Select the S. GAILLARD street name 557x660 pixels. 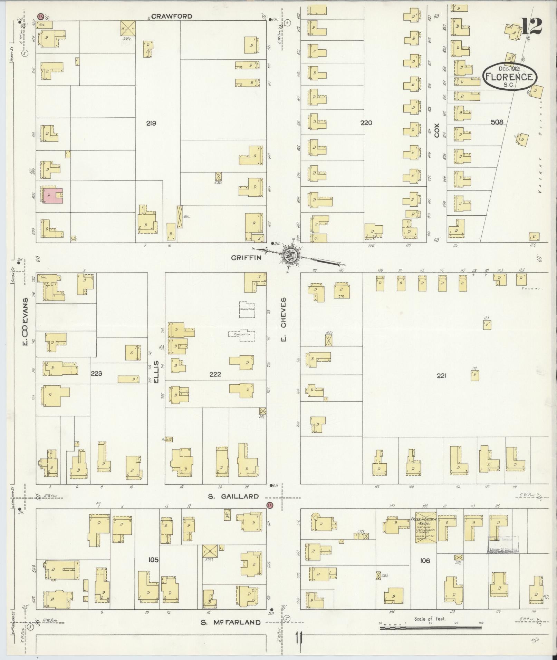[233, 496]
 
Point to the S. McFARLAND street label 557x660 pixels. [231, 622]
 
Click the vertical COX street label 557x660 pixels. [436, 130]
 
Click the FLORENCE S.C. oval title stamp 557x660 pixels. [509, 77]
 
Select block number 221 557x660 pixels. [441, 376]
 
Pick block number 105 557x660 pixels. [153, 560]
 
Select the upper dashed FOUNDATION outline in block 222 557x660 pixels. [247, 309]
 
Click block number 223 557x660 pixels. [96, 373]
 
